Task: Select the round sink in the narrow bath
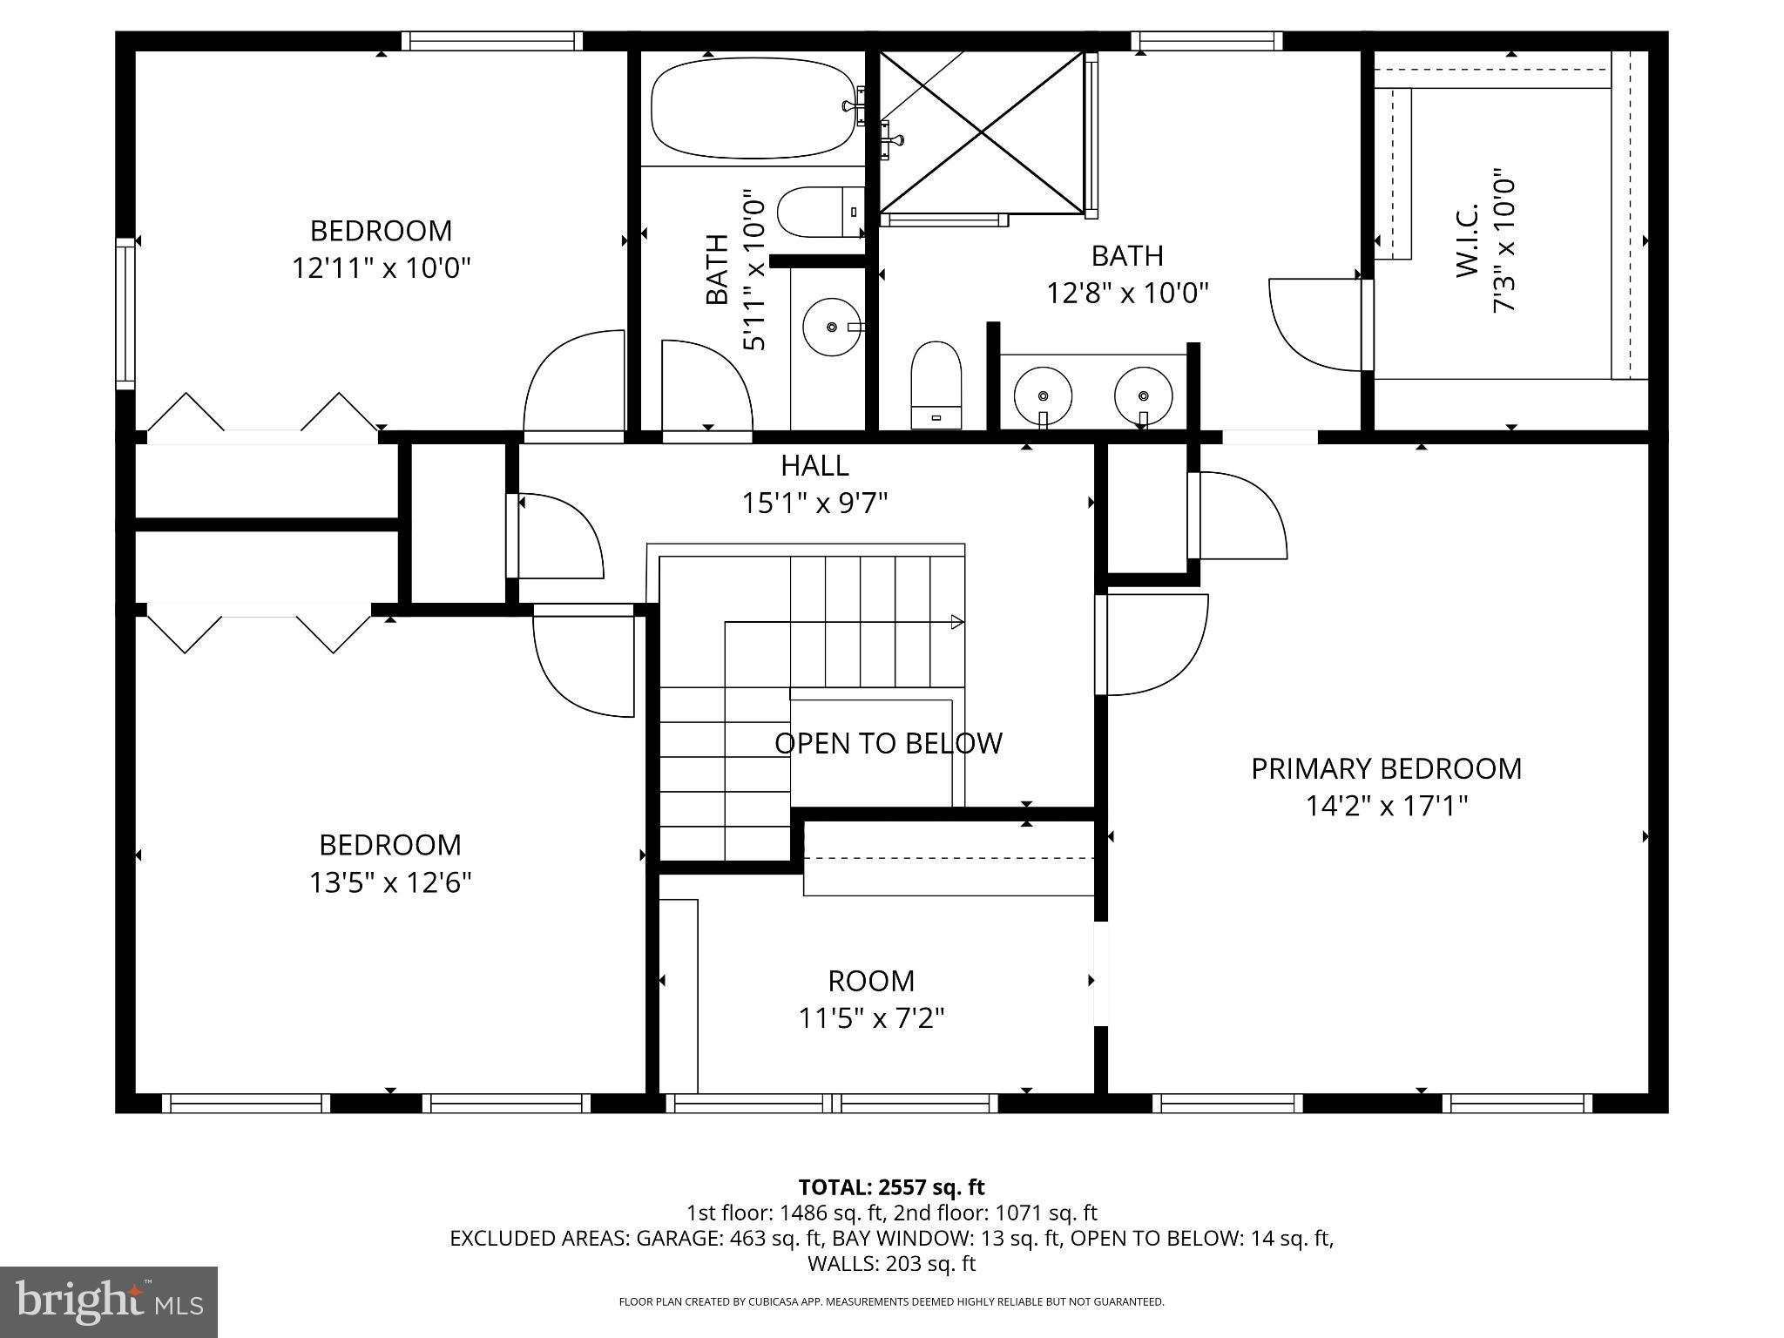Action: [831, 327]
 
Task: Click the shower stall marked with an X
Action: [982, 132]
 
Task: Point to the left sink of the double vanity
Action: [1043, 395]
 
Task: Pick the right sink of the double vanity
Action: [1143, 395]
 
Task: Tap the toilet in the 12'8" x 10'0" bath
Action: [936, 384]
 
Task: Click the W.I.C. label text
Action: [1467, 241]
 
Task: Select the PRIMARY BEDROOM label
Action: [1386, 768]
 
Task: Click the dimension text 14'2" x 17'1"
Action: [1386, 806]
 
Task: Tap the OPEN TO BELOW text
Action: [888, 743]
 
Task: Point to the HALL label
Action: [814, 466]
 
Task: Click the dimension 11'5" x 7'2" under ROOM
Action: [871, 1017]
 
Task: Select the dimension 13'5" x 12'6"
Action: [389, 882]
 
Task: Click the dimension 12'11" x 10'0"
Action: [381, 267]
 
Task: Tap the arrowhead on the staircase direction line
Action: [957, 622]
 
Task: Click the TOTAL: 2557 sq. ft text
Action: [891, 1187]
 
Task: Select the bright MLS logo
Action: [108, 1301]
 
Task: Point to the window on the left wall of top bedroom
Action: [126, 313]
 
